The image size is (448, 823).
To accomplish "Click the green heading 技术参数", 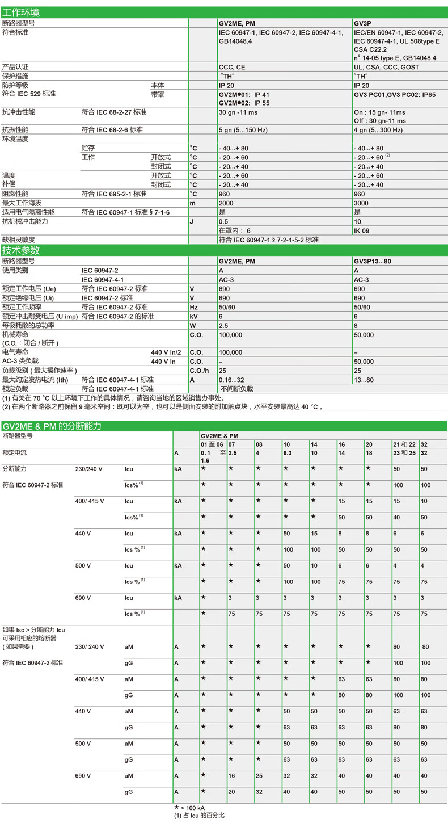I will pyautogui.click(x=22, y=250).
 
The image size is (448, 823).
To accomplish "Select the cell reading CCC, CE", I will pyautogui.click(x=232, y=66).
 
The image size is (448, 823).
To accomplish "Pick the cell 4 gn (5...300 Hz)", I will pyautogui.click(x=378, y=130).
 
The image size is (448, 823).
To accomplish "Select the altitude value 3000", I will pyautogui.click(x=361, y=203).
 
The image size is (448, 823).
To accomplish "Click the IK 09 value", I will pyautogui.click(x=361, y=230).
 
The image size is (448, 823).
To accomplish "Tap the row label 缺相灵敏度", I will pyautogui.click(x=19, y=240).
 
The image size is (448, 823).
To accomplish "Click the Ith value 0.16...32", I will pyautogui.click(x=235, y=379).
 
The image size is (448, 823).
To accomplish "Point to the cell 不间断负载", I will pyautogui.click(x=236, y=389).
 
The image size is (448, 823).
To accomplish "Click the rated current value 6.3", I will pyautogui.click(x=288, y=454).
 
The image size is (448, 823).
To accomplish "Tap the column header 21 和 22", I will pyautogui.click(x=404, y=444).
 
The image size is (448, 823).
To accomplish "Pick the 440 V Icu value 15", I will pyautogui.click(x=315, y=534).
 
